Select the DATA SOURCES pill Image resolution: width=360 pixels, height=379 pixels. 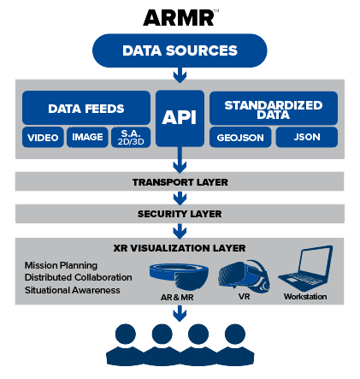tap(180, 50)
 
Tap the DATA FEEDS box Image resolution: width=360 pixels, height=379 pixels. tap(86, 108)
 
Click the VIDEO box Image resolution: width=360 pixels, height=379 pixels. tap(43, 137)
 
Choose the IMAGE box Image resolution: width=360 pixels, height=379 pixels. tap(87, 137)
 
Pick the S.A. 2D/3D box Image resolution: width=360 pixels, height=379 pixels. tap(131, 137)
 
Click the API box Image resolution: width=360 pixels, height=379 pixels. tap(180, 118)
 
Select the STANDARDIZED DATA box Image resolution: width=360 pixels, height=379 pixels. tap(274, 109)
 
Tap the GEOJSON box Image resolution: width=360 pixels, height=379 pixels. tap(240, 138)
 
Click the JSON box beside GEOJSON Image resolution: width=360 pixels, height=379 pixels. tap(307, 137)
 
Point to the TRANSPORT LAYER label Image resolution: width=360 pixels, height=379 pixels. tap(180, 182)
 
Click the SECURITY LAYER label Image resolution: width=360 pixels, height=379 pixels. tap(180, 214)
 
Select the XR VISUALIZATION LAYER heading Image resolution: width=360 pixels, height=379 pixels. tap(180, 248)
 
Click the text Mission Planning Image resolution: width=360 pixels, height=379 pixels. tap(61, 265)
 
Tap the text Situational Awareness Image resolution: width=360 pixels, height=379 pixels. tap(73, 290)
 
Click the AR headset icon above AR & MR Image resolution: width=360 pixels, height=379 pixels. tap(179, 275)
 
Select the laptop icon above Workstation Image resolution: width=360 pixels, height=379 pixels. tap(305, 268)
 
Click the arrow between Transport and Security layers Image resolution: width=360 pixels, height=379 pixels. tap(180, 198)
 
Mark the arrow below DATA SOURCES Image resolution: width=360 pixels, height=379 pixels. tap(180, 75)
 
